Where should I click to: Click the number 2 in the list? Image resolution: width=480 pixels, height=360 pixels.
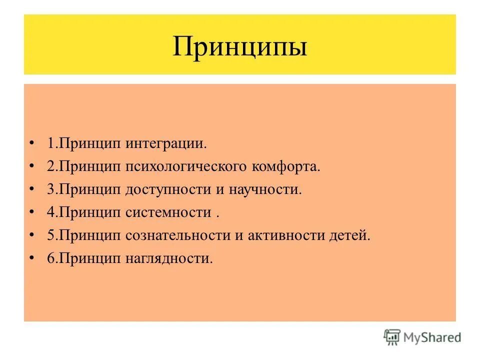(50, 167)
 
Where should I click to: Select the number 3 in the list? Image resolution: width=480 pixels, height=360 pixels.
(50, 190)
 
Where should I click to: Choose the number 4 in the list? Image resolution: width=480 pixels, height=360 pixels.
(50, 213)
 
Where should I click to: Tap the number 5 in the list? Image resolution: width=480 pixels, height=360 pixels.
(50, 236)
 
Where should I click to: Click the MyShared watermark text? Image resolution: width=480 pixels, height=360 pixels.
(433, 337)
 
